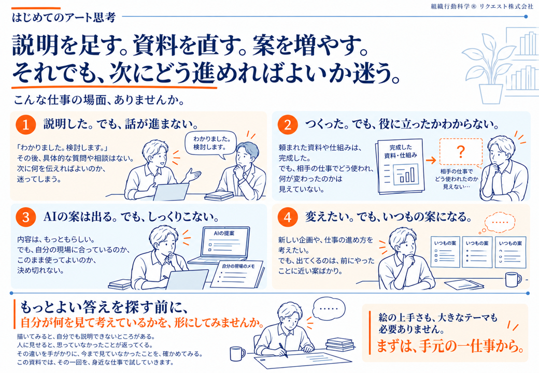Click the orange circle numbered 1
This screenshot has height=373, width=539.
click(26, 124)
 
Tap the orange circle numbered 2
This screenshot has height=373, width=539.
click(287, 124)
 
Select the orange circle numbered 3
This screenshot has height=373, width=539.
click(26, 218)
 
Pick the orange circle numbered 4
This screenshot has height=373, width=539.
click(287, 218)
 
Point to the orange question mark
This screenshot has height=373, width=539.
click(461, 151)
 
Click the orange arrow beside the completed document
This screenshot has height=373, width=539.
click(431, 160)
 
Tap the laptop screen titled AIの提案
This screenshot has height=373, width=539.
click(225, 243)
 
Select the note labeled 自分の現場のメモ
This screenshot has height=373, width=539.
click(237, 274)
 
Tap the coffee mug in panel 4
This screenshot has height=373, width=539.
click(513, 279)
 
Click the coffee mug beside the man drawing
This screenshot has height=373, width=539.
click(237, 353)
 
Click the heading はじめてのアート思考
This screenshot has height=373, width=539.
click(64, 17)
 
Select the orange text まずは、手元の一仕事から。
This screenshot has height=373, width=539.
click(450, 346)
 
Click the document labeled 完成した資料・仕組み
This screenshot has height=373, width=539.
click(401, 167)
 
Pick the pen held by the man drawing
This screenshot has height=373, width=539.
click(283, 350)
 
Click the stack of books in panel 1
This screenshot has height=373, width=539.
click(219, 196)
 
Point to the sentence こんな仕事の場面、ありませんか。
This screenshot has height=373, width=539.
click(100, 101)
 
